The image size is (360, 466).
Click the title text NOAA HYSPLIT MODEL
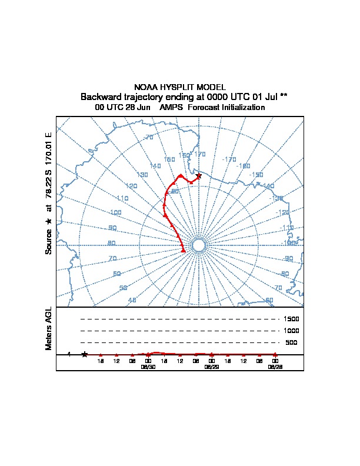tap(180, 87)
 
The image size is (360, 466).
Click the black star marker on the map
tap(199, 176)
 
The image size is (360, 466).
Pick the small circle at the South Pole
tap(199, 245)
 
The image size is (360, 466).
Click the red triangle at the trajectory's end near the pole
tap(184, 250)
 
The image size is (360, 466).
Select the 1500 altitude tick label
tap(292, 319)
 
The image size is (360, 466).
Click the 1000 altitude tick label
tap(292, 331)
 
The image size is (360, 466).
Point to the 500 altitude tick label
tap(291, 342)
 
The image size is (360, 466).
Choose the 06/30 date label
tap(148, 366)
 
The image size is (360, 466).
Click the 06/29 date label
tap(211, 366)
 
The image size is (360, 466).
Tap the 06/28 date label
tap(275, 366)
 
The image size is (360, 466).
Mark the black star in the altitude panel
tap(85, 354)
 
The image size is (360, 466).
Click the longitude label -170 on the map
tap(229, 159)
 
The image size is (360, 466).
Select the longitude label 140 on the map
tap(155, 166)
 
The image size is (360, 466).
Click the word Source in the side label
tap(49, 242)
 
